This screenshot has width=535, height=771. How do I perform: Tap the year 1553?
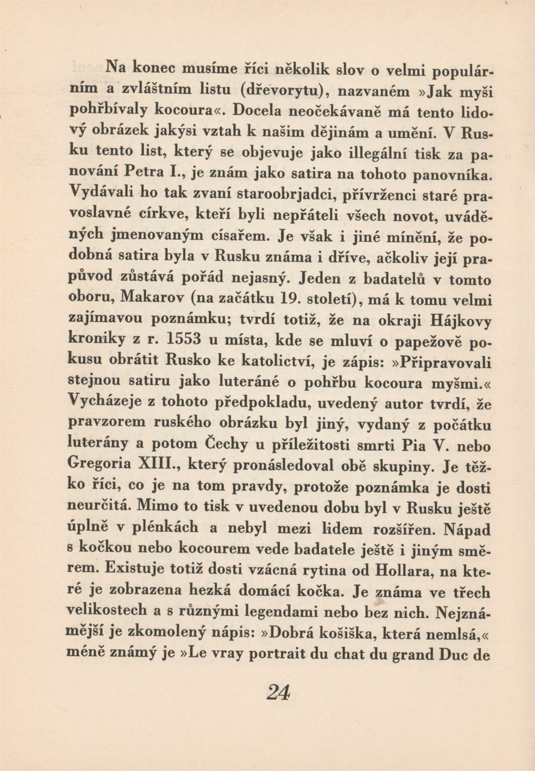pyautogui.click(x=183, y=340)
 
